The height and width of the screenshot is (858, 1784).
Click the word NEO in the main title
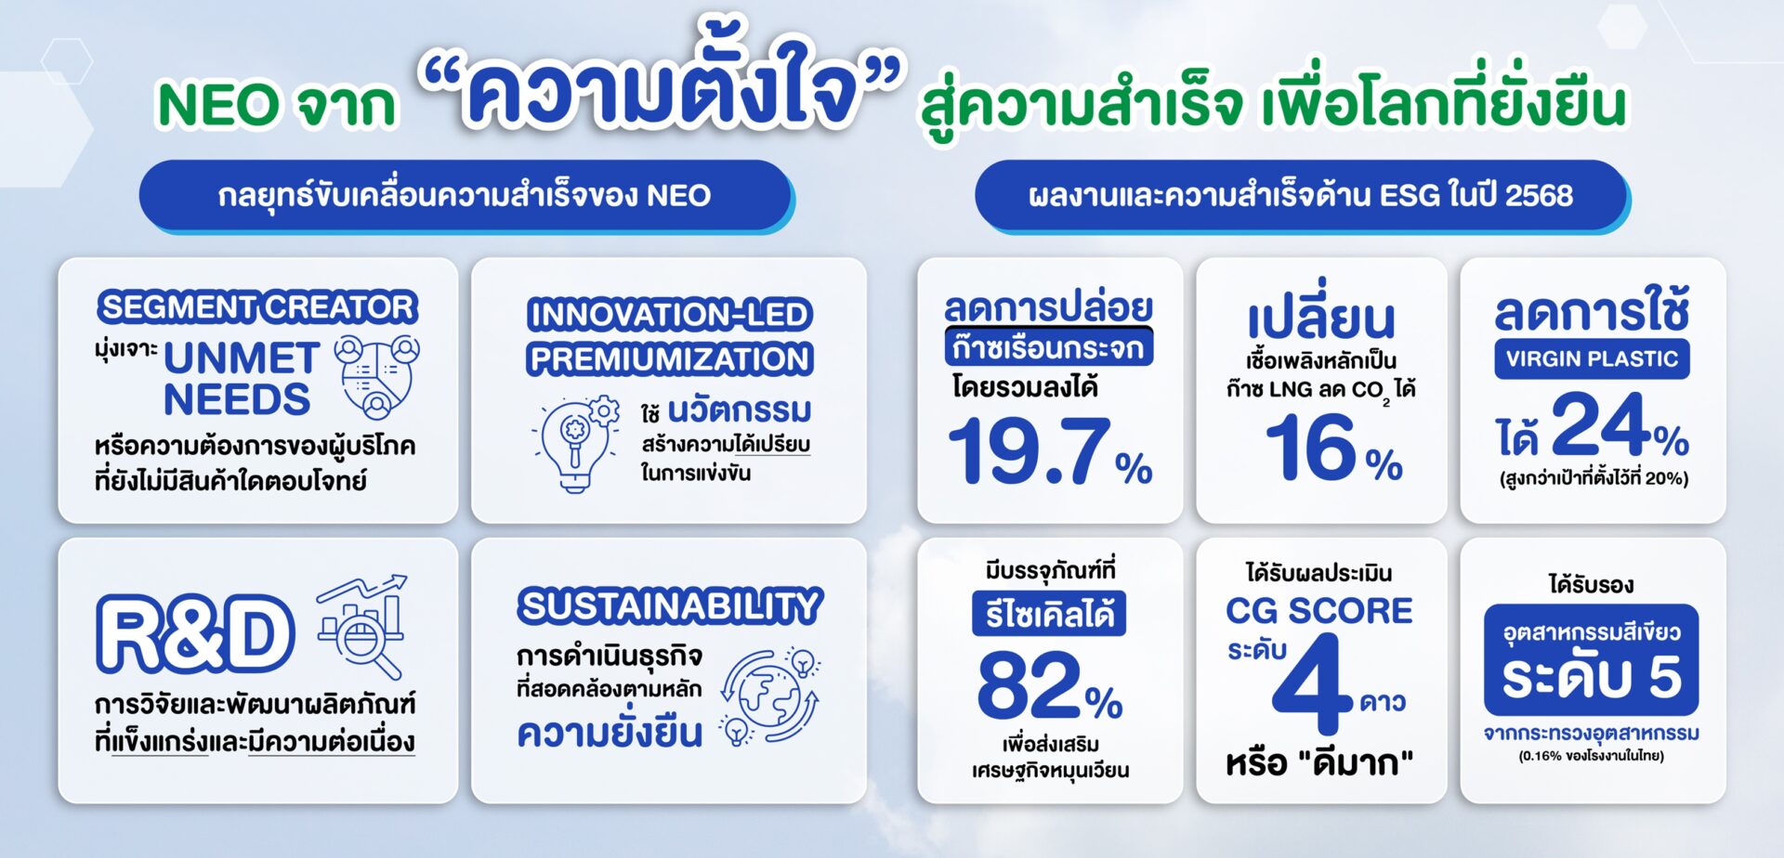218,104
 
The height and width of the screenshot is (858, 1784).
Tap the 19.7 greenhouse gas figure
1030,450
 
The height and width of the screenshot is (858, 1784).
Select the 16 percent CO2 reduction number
1310,447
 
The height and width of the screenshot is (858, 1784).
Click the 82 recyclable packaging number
1028,684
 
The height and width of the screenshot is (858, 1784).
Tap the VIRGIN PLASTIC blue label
1592,359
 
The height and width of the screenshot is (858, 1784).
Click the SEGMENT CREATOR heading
257,306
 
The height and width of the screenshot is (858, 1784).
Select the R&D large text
195,633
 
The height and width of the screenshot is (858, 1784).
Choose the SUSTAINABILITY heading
670,606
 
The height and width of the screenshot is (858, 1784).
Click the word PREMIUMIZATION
670,359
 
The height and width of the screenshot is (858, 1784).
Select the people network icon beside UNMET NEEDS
376,376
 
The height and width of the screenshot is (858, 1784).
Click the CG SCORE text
1319,610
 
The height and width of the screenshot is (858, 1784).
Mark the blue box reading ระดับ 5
1592,660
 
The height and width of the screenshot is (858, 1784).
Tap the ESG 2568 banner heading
1301,195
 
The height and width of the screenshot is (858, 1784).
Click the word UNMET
242,358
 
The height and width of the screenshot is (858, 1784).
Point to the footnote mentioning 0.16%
1592,756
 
